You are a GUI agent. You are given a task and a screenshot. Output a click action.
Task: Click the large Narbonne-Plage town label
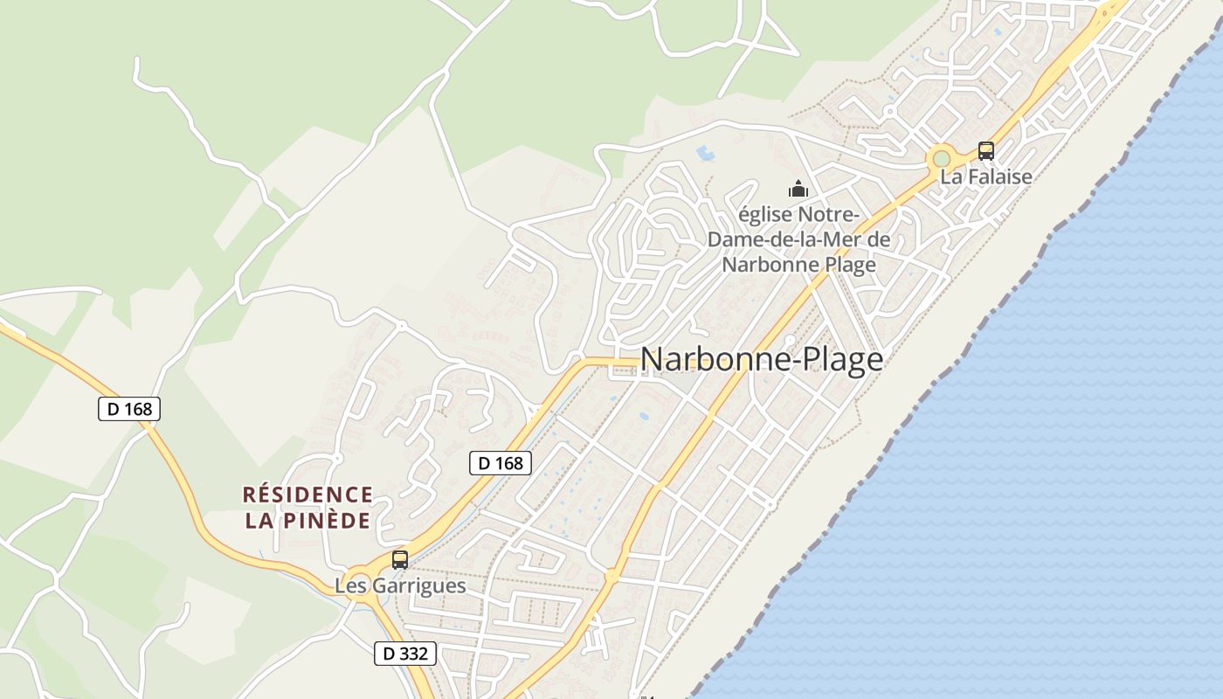tap(761, 359)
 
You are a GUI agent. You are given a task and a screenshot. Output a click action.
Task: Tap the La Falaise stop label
tap(985, 176)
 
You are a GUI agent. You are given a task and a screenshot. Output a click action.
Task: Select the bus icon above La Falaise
tap(985, 150)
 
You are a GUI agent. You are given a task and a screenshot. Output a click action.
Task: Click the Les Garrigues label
tap(400, 585)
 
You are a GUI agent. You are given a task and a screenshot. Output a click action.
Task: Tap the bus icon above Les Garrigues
tap(400, 560)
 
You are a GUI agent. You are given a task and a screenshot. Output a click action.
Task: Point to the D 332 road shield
tap(405, 653)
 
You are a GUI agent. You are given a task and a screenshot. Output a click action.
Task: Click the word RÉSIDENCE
tap(307, 495)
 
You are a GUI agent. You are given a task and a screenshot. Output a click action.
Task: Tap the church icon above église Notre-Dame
tap(798, 188)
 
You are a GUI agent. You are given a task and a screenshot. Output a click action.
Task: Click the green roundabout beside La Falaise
tap(941, 159)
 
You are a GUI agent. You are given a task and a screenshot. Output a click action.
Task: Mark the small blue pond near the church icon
tap(704, 155)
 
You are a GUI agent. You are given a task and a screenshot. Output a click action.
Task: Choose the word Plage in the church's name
tap(844, 264)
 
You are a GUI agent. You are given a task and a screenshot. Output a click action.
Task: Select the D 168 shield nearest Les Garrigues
tap(501, 462)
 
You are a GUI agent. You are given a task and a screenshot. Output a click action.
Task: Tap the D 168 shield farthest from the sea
tap(129, 408)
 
